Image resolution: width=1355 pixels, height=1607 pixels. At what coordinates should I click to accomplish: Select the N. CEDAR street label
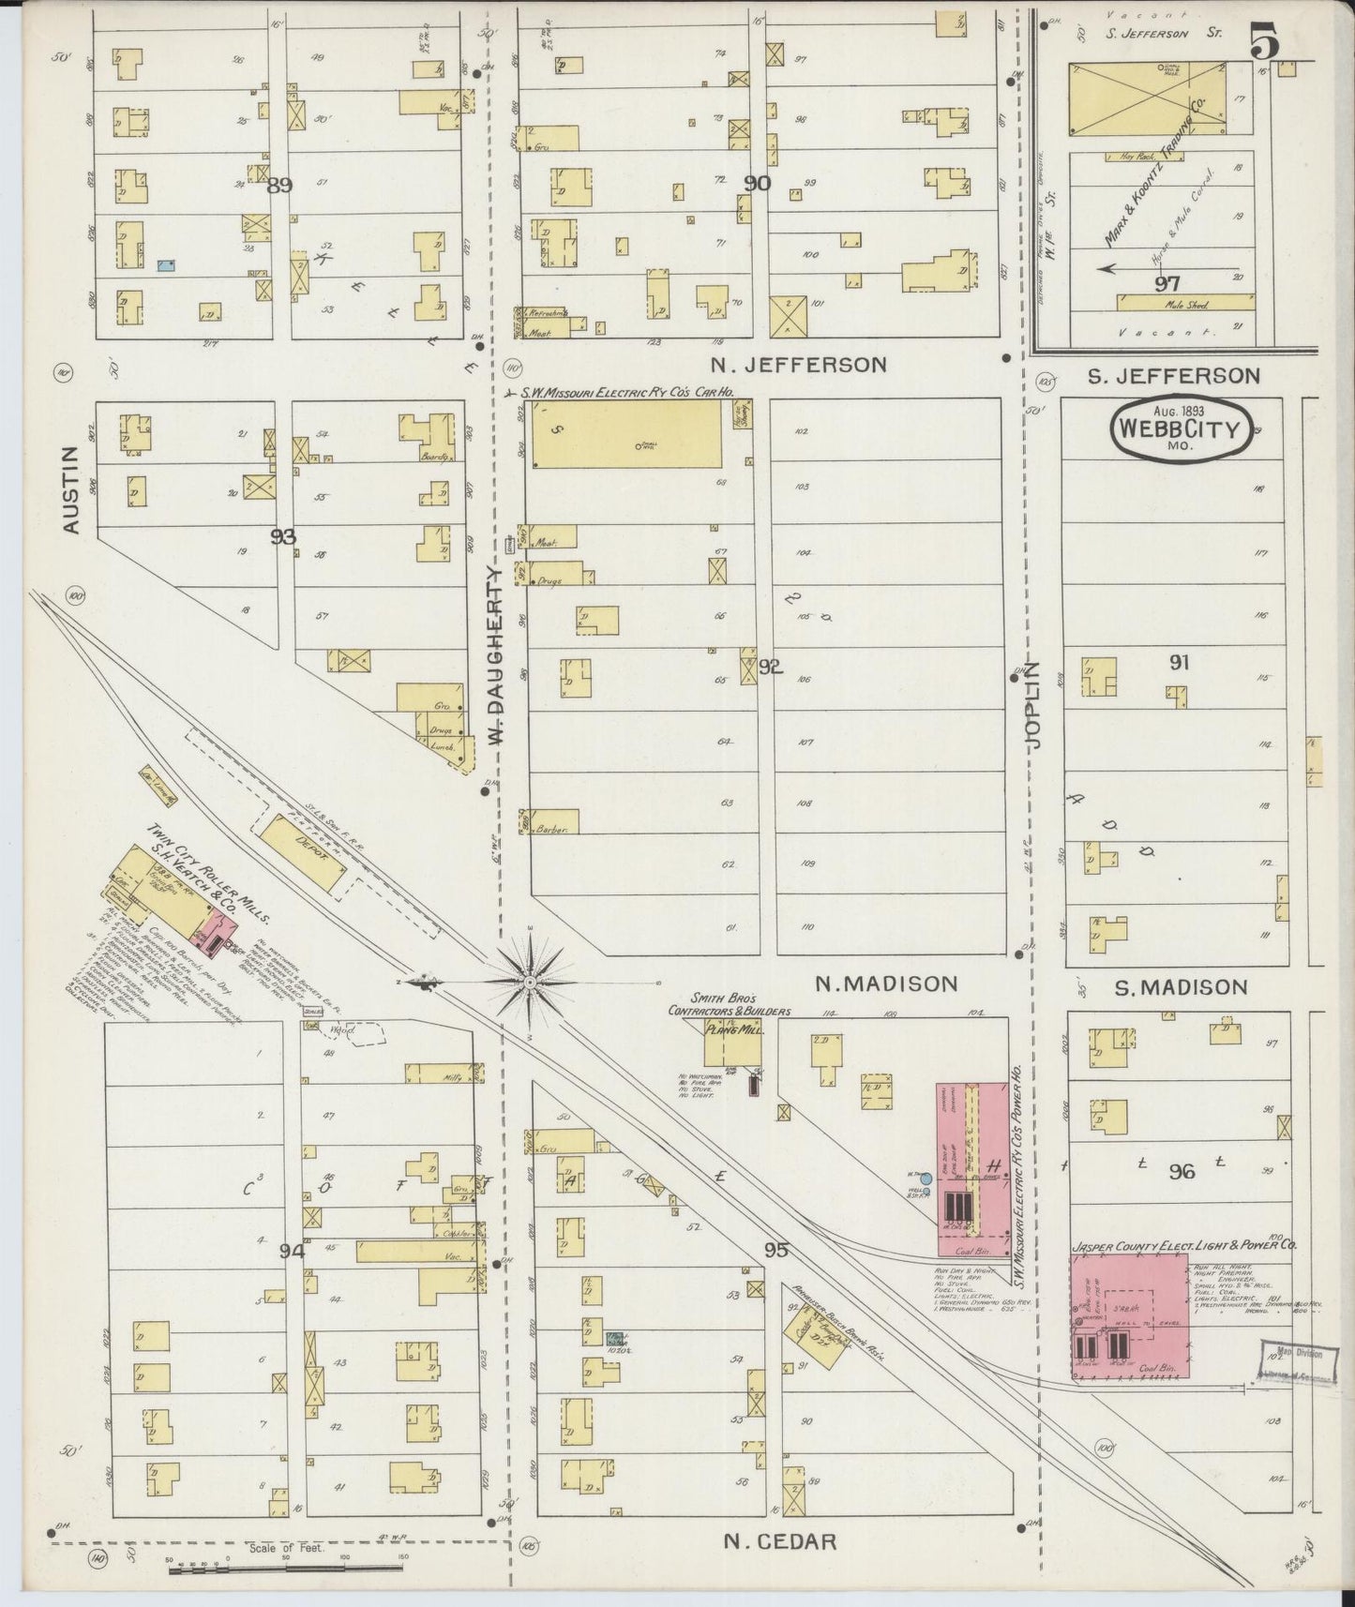click(x=780, y=1540)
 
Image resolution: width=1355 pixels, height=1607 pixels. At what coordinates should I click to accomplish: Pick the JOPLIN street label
click(x=1032, y=703)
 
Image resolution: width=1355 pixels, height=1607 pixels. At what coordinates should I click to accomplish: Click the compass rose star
click(x=529, y=982)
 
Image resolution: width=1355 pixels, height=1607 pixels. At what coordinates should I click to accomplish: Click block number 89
click(x=279, y=186)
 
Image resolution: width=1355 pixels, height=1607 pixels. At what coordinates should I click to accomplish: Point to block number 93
click(x=283, y=536)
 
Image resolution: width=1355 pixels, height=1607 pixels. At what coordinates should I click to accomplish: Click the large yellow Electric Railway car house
click(x=626, y=435)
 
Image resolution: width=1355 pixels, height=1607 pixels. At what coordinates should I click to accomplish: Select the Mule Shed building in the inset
click(x=1185, y=303)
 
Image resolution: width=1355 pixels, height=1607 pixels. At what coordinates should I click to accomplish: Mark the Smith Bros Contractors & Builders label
click(x=729, y=1004)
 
